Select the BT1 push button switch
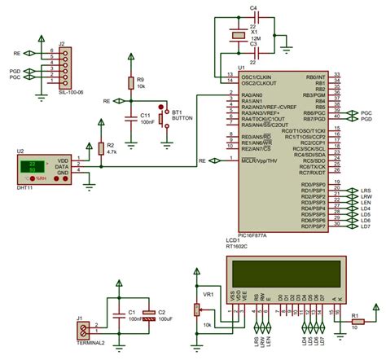click(x=161, y=117)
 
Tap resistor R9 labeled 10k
click(x=129, y=81)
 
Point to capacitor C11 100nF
click(x=129, y=117)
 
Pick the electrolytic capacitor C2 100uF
click(x=148, y=318)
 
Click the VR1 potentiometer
click(x=195, y=309)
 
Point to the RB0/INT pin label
click(x=314, y=75)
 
